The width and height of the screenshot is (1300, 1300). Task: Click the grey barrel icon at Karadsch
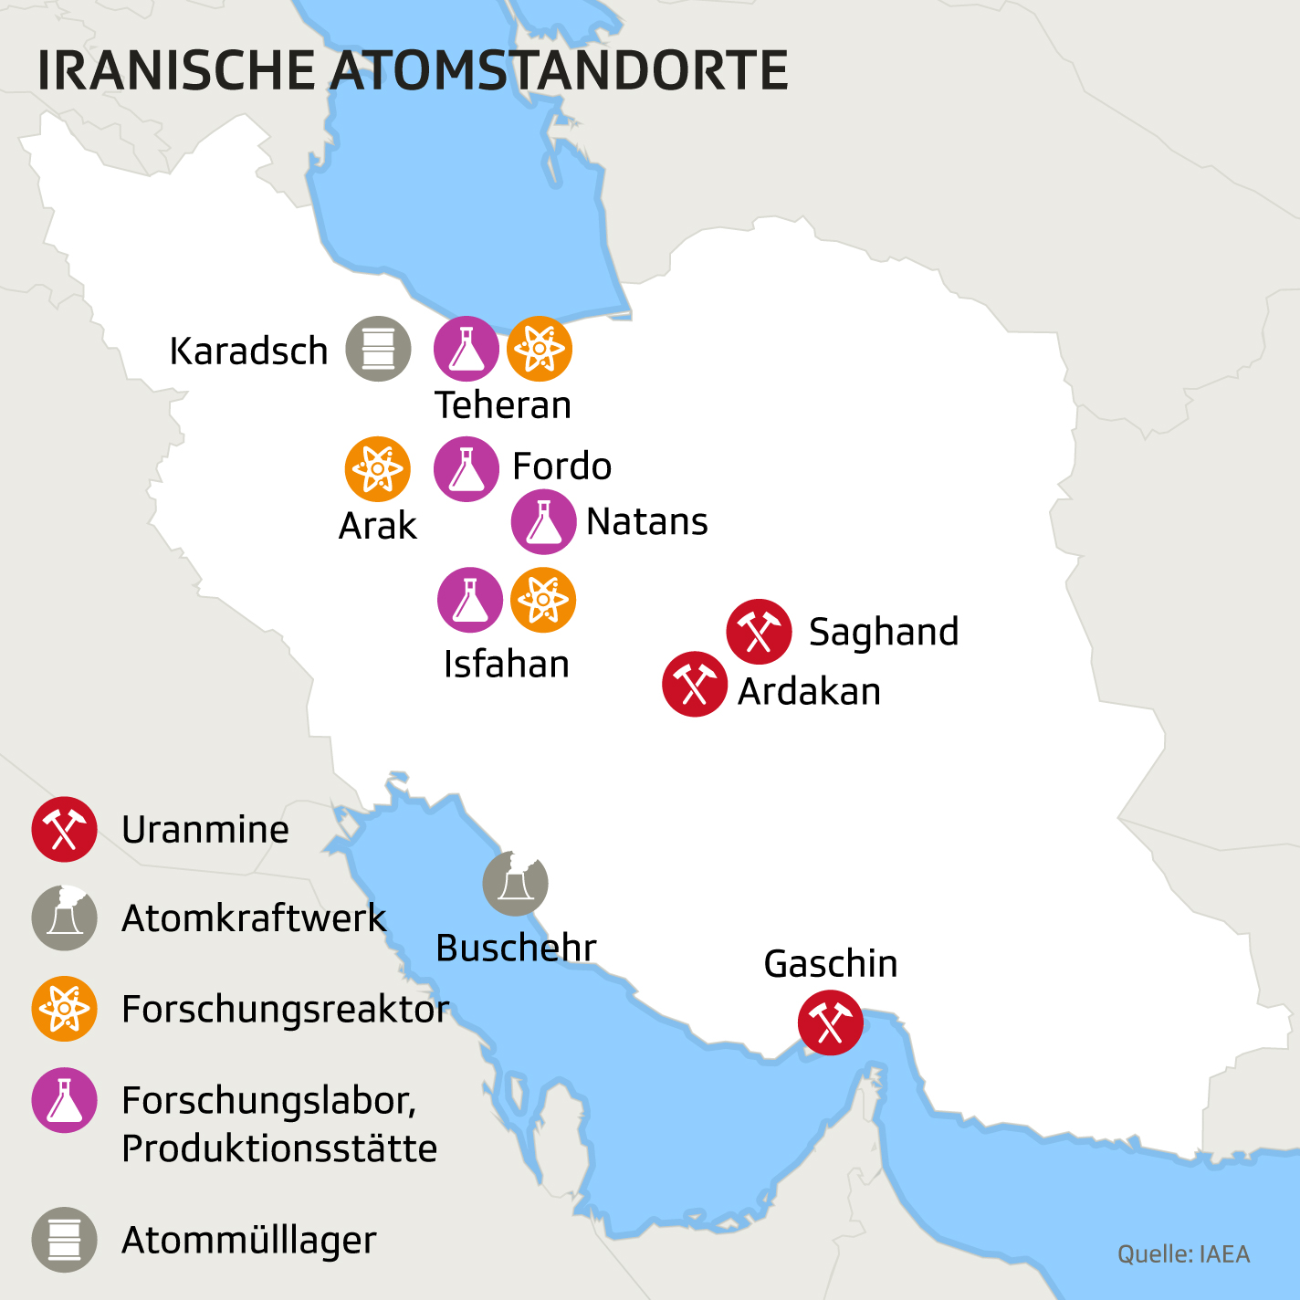(378, 349)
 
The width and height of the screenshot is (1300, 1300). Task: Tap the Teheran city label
(503, 405)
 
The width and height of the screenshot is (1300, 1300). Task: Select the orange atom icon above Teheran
(540, 349)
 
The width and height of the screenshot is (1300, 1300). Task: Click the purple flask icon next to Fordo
(467, 469)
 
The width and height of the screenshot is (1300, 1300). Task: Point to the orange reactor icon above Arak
(378, 469)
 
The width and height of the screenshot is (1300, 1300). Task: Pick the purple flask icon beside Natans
(544, 522)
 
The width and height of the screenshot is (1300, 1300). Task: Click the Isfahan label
(507, 665)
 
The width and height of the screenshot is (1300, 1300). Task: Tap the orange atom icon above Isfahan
(543, 600)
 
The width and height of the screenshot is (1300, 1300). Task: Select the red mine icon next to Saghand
(760, 632)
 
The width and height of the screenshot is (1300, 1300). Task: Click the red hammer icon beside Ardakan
(695, 685)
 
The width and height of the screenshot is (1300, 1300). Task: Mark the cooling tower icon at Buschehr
(516, 884)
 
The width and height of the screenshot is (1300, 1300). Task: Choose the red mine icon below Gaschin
(831, 1022)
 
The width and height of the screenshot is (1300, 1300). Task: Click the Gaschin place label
(831, 964)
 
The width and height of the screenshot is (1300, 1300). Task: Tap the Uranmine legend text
(205, 830)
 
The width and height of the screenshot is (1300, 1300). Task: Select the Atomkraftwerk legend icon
(65, 917)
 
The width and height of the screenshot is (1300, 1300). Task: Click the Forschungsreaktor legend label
(286, 1010)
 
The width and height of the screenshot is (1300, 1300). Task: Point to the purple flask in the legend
(65, 1100)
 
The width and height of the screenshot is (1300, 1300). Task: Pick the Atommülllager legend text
(249, 1240)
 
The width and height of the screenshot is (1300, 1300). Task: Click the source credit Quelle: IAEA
(1184, 1254)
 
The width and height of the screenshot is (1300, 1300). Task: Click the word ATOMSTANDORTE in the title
(559, 71)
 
